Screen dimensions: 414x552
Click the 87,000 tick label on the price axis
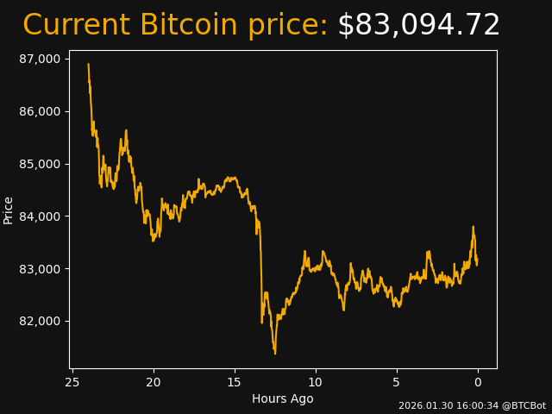41,59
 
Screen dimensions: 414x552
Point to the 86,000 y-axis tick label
41,111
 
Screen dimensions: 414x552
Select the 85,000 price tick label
41,164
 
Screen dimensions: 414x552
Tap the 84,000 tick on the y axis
41,216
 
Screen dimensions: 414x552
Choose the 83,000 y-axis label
41,269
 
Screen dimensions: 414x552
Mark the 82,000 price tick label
41,322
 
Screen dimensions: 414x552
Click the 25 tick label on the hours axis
72,382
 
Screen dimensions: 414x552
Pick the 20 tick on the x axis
154,382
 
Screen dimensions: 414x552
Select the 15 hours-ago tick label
235,382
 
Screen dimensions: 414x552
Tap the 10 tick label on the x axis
316,382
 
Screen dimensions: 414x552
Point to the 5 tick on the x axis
397,382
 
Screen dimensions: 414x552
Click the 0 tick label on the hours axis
478,382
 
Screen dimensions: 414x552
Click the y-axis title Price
9,210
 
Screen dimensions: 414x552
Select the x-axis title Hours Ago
283,398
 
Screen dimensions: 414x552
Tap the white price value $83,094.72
418,26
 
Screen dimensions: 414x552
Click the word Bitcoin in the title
188,26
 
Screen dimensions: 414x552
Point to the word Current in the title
77,26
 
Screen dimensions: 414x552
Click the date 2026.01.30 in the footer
423,405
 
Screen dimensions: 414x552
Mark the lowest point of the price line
275,354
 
